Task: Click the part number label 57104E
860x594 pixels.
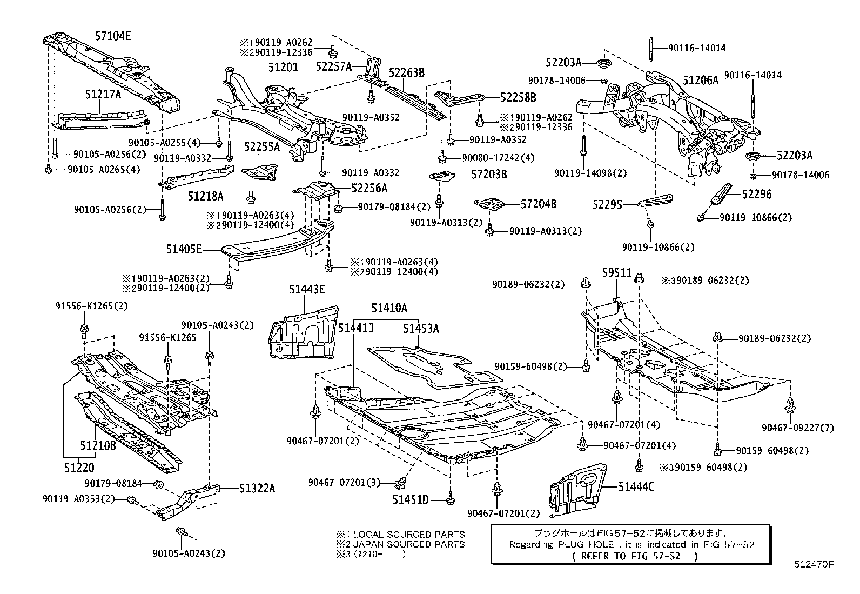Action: coord(113,36)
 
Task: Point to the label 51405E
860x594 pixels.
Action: coord(184,249)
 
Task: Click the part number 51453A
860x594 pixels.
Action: coord(421,328)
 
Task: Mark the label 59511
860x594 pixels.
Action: coord(617,272)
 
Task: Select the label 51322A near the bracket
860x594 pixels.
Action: coord(257,488)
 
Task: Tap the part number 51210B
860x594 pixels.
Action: coord(98,446)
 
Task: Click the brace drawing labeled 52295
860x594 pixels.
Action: coord(655,202)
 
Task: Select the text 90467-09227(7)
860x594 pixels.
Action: coord(798,428)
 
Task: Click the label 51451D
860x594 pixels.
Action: coord(411,500)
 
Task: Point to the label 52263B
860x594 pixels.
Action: coord(406,73)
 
